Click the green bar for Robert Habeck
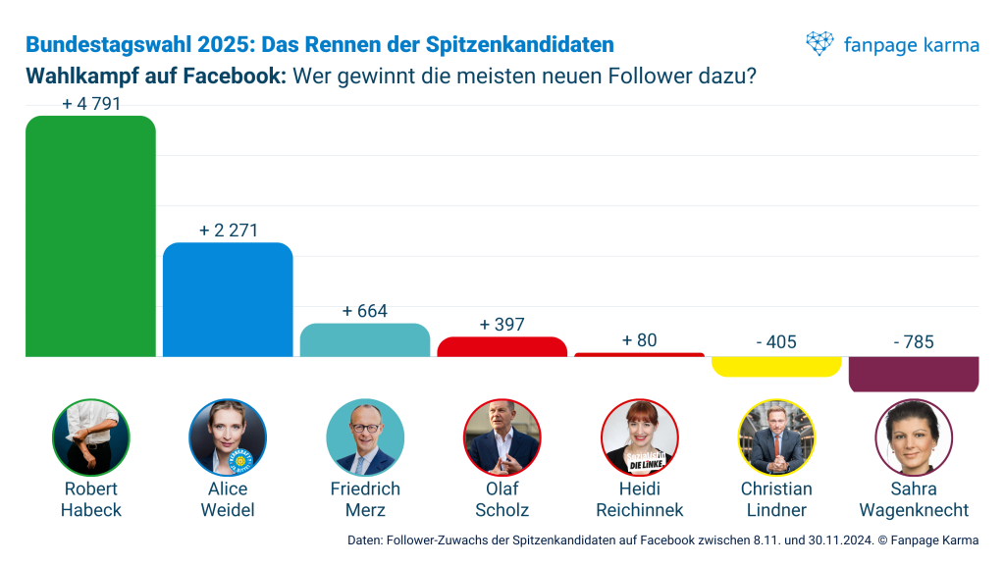(90, 235)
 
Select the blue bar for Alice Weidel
(228, 299)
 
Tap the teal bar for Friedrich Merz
(365, 339)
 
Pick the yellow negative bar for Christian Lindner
(776, 366)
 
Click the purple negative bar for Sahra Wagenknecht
(914, 374)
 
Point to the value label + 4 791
(90, 104)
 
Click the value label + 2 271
(228, 231)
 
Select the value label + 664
(365, 311)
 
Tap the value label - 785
(914, 342)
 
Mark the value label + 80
(639, 340)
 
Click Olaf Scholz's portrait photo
(502, 437)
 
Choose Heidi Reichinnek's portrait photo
(639, 437)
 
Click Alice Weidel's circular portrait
(228, 437)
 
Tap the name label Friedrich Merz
(365, 499)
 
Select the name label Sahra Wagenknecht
(914, 499)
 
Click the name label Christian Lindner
(776, 499)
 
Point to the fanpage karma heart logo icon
(820, 43)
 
